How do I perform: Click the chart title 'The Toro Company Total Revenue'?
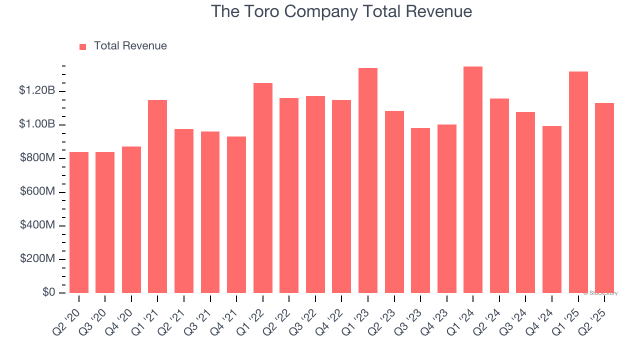pyautogui.click(x=341, y=11)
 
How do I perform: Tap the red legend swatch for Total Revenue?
pyautogui.click(x=83, y=46)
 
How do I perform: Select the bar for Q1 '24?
pyautogui.click(x=472, y=180)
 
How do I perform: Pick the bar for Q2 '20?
pyautogui.click(x=79, y=222)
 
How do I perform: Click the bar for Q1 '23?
pyautogui.click(x=367, y=180)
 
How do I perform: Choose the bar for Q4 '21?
pyautogui.click(x=236, y=215)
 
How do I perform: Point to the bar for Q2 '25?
pyautogui.click(x=604, y=198)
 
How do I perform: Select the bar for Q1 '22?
pyautogui.click(x=262, y=188)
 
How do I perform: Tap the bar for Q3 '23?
pyautogui.click(x=420, y=210)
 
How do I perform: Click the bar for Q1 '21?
pyautogui.click(x=157, y=196)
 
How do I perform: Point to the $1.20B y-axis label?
pyautogui.click(x=37, y=90)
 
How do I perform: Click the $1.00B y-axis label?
pyautogui.click(x=37, y=124)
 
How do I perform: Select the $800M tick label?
pyautogui.click(x=37, y=158)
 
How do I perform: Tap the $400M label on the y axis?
pyautogui.click(x=37, y=225)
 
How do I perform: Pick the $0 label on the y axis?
pyautogui.click(x=48, y=292)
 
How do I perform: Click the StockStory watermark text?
pyautogui.click(x=600, y=293)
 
